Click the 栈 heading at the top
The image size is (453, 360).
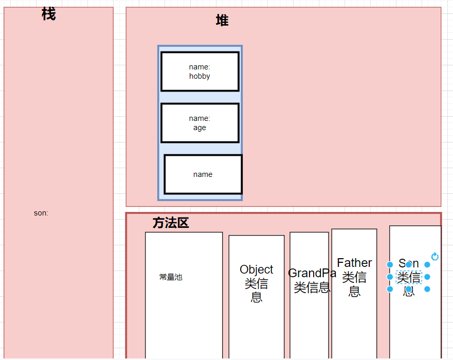click(48, 14)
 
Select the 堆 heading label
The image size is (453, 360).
click(222, 21)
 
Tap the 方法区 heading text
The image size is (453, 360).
click(171, 223)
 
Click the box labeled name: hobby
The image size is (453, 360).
click(200, 71)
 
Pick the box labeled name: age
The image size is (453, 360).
click(200, 123)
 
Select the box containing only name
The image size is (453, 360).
click(203, 174)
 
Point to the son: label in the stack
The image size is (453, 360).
click(41, 213)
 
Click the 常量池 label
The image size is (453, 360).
click(171, 277)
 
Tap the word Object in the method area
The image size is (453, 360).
click(257, 269)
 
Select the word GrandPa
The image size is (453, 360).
click(312, 273)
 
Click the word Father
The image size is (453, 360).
click(354, 263)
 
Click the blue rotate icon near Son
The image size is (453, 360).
click(435, 257)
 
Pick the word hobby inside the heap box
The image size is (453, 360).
click(200, 76)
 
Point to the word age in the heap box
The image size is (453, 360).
click(200, 128)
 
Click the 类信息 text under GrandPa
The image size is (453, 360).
click(312, 287)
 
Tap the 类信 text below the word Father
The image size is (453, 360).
click(354, 277)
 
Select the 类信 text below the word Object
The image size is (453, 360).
click(257, 283)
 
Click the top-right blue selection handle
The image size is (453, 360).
click(427, 264)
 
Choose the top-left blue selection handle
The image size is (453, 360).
click(390, 264)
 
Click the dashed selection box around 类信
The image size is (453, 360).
click(409, 277)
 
